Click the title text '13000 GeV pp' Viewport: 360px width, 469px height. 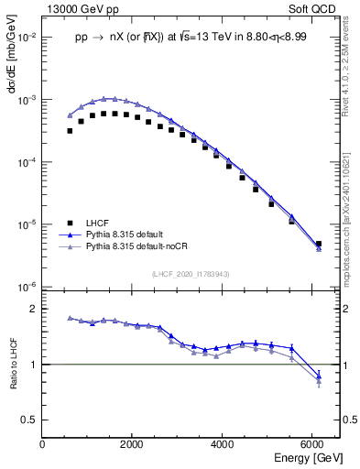click(75, 8)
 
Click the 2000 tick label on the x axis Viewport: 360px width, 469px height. click(132, 444)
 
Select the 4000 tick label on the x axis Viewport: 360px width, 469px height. click(223, 444)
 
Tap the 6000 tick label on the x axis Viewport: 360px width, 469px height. click(312, 444)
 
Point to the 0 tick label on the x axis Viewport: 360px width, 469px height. click(42, 444)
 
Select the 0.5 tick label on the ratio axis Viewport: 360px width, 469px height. click(28, 420)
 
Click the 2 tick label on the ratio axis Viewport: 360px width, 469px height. click(34, 310)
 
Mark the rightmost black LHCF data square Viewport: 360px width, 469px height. click(318, 245)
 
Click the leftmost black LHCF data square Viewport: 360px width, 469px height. click(70, 131)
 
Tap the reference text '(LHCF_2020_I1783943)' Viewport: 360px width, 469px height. click(190, 274)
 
